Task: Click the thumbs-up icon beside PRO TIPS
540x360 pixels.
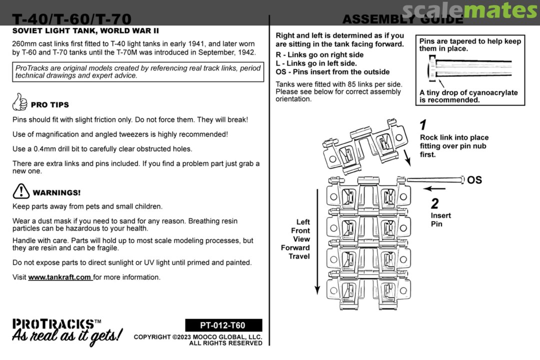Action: click(19, 102)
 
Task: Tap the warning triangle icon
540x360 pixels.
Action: click(21, 191)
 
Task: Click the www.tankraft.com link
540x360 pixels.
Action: click(60, 277)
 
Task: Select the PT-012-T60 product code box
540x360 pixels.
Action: click(223, 325)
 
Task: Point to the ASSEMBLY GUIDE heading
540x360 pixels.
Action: click(402, 19)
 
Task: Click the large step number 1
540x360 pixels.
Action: click(423, 125)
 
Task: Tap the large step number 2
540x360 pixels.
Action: click(435, 203)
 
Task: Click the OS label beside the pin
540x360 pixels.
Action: click(474, 180)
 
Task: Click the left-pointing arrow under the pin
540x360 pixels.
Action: click(434, 189)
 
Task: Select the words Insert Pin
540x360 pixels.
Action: click(440, 219)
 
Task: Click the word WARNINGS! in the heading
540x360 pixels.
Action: click(56, 192)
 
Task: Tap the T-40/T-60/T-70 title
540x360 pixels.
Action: click(72, 19)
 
